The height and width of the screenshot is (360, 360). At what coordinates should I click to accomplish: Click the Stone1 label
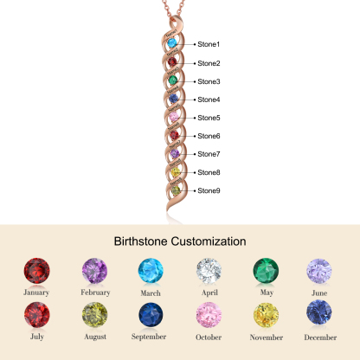pyautogui.click(x=209, y=44)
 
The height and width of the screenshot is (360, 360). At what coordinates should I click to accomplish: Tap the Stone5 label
pyautogui.click(x=209, y=118)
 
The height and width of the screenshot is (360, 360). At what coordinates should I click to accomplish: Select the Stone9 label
pyautogui.click(x=209, y=190)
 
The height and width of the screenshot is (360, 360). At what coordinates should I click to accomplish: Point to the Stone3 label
pyautogui.click(x=209, y=81)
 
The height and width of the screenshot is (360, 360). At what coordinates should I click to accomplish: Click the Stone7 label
pyautogui.click(x=209, y=154)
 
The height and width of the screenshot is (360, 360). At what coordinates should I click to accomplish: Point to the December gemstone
pyautogui.click(x=319, y=315)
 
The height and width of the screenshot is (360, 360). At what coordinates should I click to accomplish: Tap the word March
pyautogui.click(x=151, y=292)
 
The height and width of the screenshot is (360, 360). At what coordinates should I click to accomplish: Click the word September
pyautogui.click(x=151, y=337)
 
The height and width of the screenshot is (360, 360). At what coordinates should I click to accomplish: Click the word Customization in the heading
pyautogui.click(x=206, y=241)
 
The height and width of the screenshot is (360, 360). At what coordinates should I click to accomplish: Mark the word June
pyautogui.click(x=319, y=292)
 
